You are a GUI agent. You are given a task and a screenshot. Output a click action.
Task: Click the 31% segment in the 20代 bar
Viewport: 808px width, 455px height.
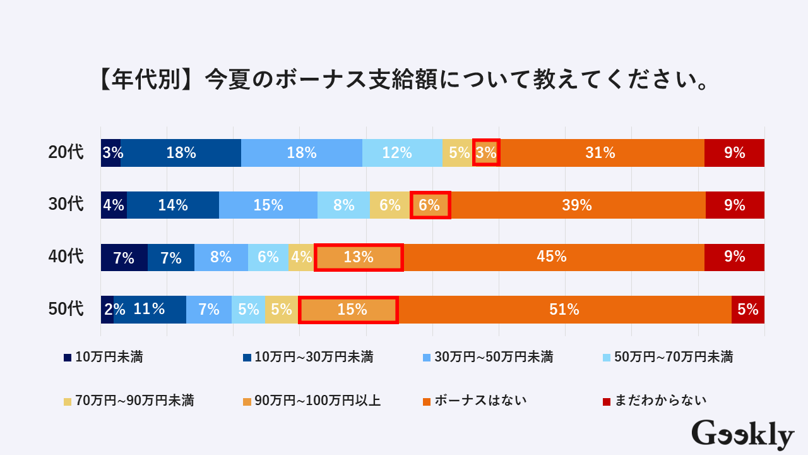click(601, 153)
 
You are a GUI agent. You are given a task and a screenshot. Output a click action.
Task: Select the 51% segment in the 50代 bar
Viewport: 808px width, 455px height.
click(565, 310)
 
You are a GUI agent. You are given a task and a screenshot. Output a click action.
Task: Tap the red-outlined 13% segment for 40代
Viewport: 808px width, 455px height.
click(359, 257)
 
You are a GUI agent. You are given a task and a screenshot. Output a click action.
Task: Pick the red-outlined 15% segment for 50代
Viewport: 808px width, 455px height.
click(348, 310)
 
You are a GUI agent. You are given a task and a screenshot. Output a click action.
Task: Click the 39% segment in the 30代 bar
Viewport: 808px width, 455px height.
click(578, 205)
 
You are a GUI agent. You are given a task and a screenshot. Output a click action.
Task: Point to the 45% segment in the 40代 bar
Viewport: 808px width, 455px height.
click(554, 257)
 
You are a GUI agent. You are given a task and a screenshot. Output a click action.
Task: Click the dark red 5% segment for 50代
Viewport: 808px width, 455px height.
click(748, 310)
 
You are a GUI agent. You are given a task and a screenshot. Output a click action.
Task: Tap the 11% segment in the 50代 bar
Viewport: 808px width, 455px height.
click(150, 310)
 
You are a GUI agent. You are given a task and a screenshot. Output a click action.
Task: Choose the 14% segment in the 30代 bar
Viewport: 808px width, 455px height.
click(173, 205)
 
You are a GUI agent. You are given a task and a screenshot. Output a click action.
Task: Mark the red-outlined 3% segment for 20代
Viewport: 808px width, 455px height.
click(486, 153)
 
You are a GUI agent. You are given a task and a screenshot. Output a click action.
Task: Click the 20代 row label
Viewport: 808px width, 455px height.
click(66, 153)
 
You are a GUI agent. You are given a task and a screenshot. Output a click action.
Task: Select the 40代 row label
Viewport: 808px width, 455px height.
click(66, 257)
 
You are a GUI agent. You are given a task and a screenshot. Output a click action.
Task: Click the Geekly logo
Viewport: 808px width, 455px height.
click(743, 435)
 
